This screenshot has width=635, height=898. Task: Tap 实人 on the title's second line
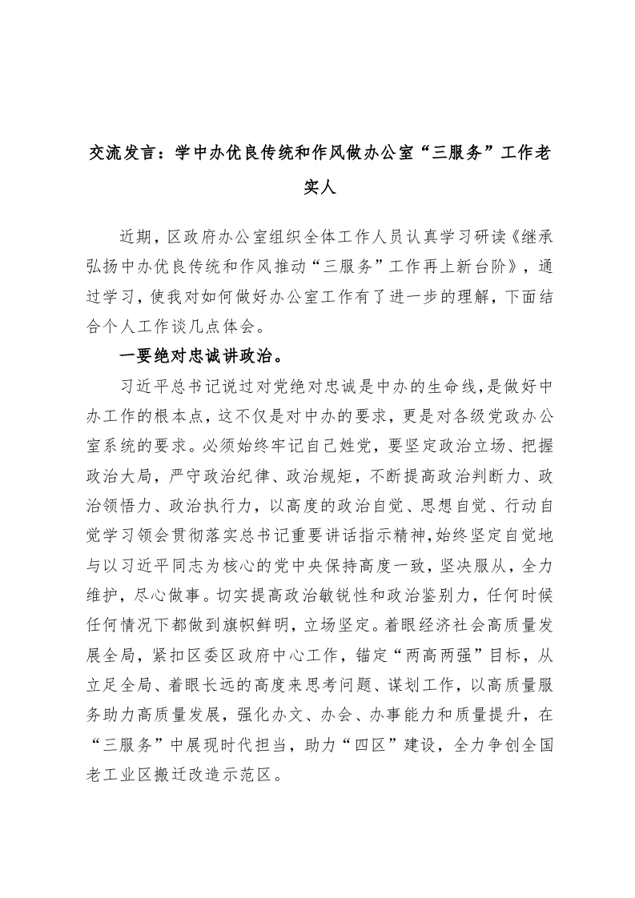click(x=318, y=189)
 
